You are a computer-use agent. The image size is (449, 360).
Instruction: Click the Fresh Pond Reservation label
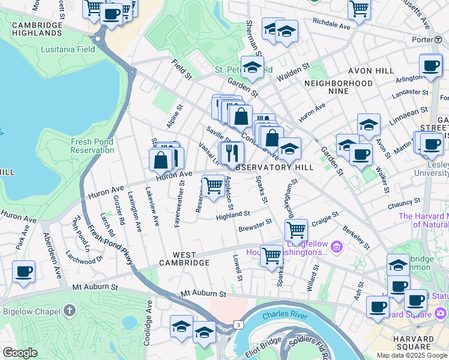92,146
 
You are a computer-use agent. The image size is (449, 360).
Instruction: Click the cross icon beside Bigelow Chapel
70,310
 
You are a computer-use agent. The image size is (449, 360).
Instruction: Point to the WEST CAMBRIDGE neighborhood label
184,263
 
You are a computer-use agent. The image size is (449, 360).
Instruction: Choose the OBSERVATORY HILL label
274,168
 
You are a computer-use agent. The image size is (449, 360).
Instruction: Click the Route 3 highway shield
238,325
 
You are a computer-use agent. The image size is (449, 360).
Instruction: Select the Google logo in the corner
20,353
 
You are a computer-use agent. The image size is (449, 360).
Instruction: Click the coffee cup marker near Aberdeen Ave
24,272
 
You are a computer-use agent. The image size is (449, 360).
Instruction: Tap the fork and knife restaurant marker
232,154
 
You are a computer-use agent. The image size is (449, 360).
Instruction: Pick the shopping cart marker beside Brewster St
296,230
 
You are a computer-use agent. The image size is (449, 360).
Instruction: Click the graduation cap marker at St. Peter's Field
253,68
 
